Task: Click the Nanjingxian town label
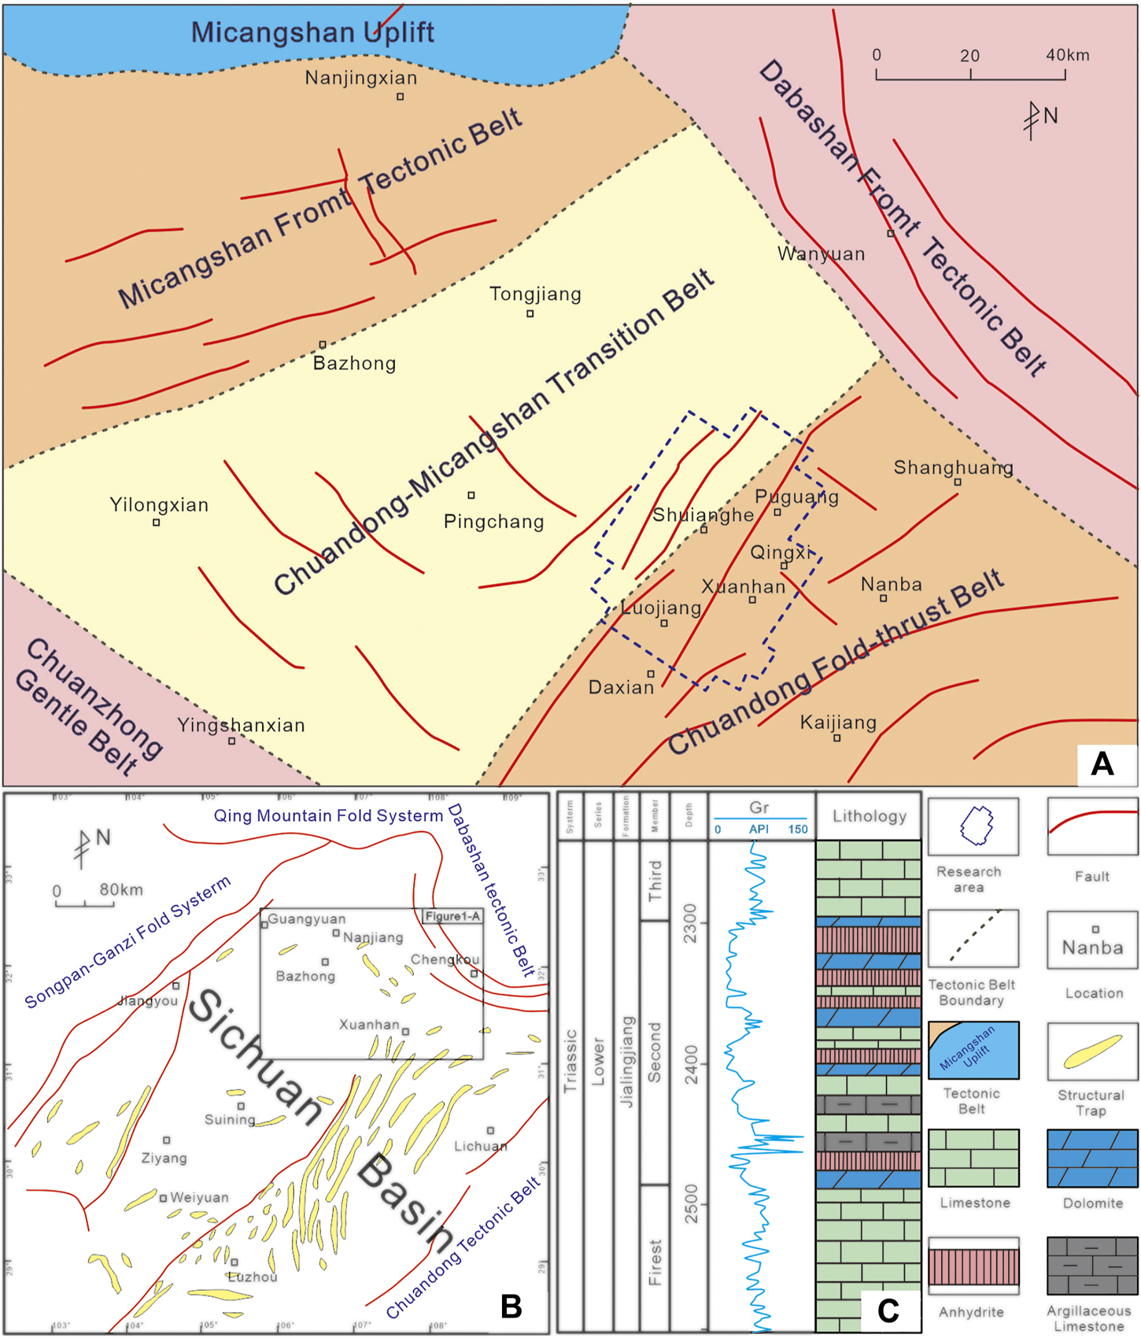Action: [x=361, y=78]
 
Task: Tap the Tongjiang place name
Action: [x=535, y=294]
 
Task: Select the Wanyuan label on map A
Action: [x=821, y=254]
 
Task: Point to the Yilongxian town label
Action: [x=159, y=505]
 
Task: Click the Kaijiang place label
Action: [x=838, y=723]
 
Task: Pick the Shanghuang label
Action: [x=953, y=468]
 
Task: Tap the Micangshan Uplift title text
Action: [x=312, y=32]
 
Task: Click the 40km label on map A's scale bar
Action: [x=1067, y=55]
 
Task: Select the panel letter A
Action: [x=1102, y=763]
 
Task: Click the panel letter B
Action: [x=511, y=1306]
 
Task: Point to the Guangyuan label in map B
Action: [x=306, y=918]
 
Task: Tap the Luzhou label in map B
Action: [x=252, y=1277]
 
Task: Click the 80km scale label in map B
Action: [x=121, y=889]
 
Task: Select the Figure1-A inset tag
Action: [x=452, y=916]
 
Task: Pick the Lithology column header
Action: [x=869, y=816]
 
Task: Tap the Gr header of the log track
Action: [x=759, y=808]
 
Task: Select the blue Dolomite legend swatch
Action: [x=1092, y=1159]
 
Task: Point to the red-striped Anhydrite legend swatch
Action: [x=973, y=1266]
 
